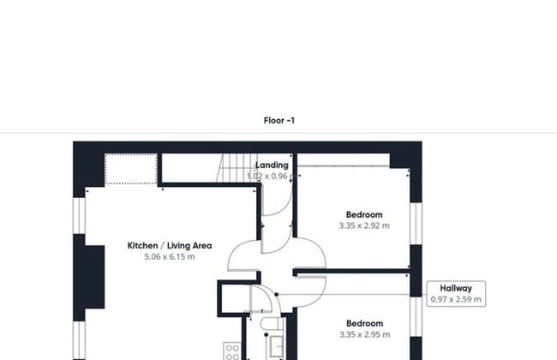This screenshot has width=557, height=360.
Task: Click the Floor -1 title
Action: (279, 121)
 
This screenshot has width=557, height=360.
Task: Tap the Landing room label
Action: (273, 165)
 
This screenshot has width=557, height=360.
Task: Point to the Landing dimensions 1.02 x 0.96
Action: (268, 176)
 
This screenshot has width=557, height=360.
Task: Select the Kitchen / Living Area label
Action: (170, 245)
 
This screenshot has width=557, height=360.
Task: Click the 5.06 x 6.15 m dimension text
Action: (170, 256)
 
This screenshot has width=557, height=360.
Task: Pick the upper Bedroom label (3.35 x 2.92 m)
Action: (364, 214)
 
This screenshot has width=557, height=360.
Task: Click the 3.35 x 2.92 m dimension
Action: (364, 226)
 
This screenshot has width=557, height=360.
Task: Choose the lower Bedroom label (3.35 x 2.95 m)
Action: (364, 323)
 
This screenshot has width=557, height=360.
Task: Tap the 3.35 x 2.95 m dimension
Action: (364, 335)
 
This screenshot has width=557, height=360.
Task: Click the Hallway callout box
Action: (457, 294)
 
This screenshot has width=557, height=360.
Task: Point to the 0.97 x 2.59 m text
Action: (457, 300)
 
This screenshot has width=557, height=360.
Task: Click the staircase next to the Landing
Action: (233, 168)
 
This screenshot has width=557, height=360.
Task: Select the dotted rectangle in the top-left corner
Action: (130, 168)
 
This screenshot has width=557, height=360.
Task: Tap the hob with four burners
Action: (231, 351)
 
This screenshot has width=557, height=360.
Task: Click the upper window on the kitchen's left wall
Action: (80, 214)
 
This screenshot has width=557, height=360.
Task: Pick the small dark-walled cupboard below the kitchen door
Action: (232, 299)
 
